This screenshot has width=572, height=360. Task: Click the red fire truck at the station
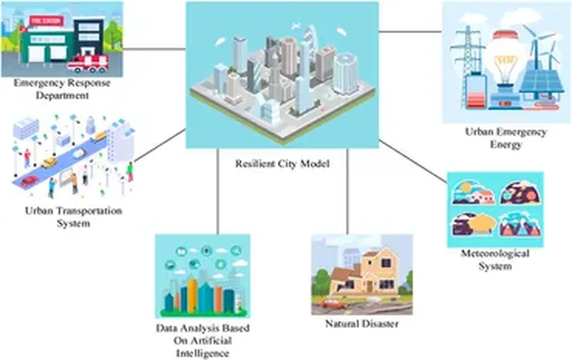pyautogui.click(x=88, y=63)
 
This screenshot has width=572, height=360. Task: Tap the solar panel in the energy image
pyautogui.click(x=541, y=78)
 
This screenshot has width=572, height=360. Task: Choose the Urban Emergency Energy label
pyautogui.click(x=506, y=139)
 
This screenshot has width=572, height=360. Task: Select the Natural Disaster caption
pyautogui.click(x=362, y=324)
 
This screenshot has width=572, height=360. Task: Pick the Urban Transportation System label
pyautogui.click(x=73, y=217)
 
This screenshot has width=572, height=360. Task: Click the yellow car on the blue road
pyautogui.click(x=49, y=162)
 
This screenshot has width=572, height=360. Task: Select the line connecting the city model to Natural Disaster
pyautogui.click(x=347, y=190)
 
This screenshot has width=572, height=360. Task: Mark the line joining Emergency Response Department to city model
pyautogui.click(x=154, y=49)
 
